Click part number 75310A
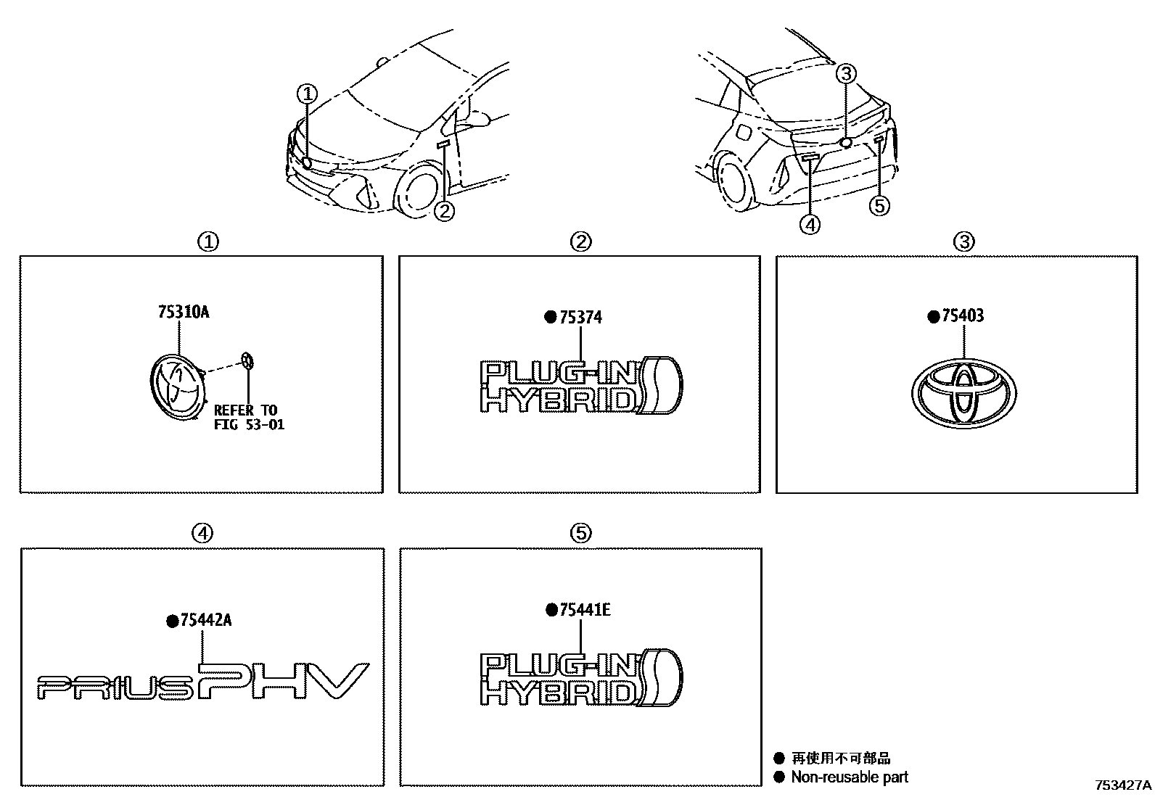click(183, 313)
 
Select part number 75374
click(580, 318)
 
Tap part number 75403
click(963, 316)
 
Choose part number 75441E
click(585, 610)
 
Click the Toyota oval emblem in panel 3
click(963, 392)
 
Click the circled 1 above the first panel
click(208, 241)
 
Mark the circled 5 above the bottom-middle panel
click(580, 533)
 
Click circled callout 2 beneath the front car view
click(444, 211)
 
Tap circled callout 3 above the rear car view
click(847, 73)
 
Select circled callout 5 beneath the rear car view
click(879, 207)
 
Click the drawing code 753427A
click(1123, 785)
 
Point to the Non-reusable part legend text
click(849, 777)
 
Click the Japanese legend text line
click(840, 759)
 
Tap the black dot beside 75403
click(934, 316)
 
